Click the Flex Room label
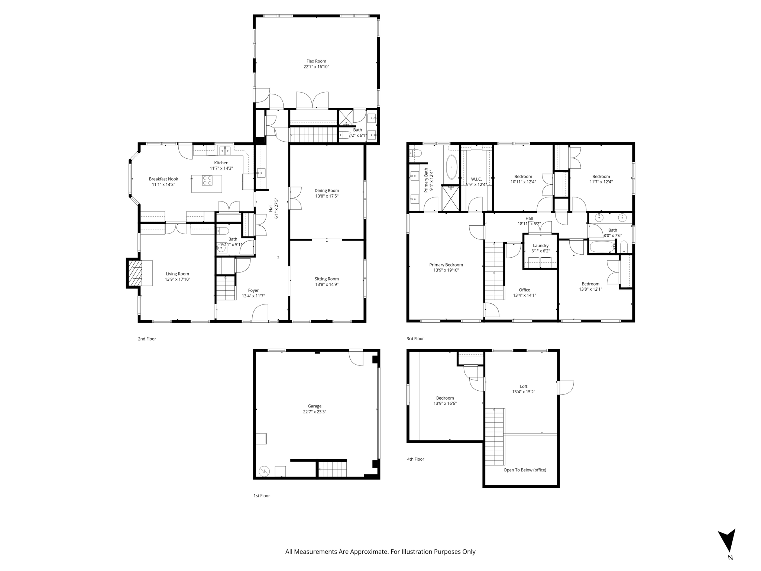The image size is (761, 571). (x=316, y=61)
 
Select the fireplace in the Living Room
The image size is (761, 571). (x=137, y=273)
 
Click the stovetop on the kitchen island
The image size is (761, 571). (x=207, y=181)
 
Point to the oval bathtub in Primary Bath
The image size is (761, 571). (x=451, y=167)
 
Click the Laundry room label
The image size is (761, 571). (x=540, y=246)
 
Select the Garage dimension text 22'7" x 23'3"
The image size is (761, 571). (x=314, y=412)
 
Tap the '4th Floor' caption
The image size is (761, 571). (x=415, y=459)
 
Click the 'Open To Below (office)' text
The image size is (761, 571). (x=525, y=470)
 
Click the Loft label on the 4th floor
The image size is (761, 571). (x=524, y=386)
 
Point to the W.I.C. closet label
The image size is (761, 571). (x=476, y=179)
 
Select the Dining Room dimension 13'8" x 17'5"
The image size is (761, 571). (x=327, y=196)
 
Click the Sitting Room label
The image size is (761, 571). (x=327, y=279)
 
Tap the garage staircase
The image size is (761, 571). (x=332, y=469)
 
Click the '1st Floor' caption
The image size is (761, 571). (x=262, y=496)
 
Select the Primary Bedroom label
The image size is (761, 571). (x=446, y=265)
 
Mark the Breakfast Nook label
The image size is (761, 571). (x=163, y=179)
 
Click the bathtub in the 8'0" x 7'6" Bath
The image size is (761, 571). (x=602, y=247)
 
